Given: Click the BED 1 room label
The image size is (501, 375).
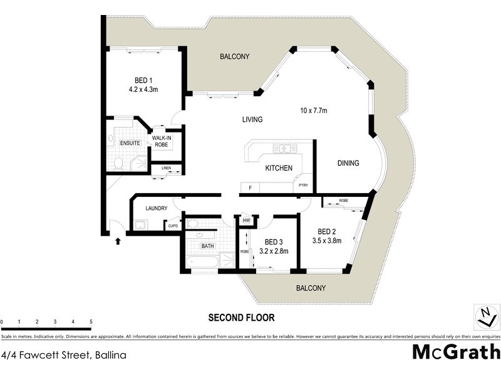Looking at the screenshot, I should tap(143, 80).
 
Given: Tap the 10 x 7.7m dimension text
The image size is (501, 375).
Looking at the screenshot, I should tap(314, 111).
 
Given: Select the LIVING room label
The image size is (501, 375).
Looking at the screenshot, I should tap(253, 119).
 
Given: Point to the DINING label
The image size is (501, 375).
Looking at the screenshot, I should tap(348, 164).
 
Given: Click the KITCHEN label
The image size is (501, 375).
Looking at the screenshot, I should tap(279, 169).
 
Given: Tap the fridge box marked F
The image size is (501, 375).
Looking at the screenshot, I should tap(250, 187).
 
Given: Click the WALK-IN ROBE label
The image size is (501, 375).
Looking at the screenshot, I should tap(162, 141).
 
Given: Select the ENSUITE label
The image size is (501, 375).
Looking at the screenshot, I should tap(130, 143).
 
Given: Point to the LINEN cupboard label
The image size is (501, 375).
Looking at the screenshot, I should tap(166, 168).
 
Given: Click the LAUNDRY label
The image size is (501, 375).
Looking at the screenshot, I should tap(155, 208).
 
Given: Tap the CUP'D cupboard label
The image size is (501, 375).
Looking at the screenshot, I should tap(172, 226).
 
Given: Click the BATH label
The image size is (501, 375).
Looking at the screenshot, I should tap(207, 246).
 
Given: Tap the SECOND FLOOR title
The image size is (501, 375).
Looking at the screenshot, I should tap(241, 317).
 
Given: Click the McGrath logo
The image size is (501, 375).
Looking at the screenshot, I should tap(456, 351).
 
